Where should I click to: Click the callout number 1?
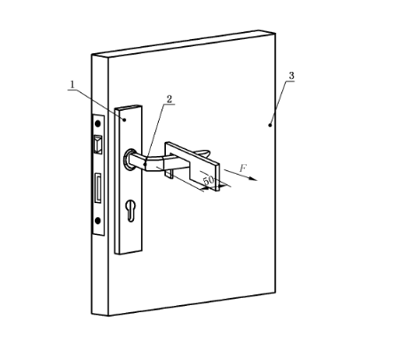pos(72,84)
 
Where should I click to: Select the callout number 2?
pos(170,99)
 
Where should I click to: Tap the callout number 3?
pos(291,75)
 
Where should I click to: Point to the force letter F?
pos(242,168)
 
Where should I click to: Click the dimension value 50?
pos(209,179)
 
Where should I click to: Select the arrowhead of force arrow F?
pos(253,178)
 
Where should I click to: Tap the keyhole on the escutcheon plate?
pos(130,210)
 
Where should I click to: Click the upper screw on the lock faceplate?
pos(98,123)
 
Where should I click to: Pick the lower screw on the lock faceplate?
pos(98,221)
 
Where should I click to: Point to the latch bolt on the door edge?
pos(98,145)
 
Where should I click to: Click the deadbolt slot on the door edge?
pos(98,188)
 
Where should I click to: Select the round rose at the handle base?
pos(129,160)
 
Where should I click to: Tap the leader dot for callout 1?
pos(124,120)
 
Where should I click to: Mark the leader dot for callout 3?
pos(270,125)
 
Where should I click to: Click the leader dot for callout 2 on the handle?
pos(145,164)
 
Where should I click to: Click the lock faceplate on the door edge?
pos(99,175)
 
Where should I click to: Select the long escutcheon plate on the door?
pos(129,179)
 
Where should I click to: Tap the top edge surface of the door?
pos(184,43)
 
